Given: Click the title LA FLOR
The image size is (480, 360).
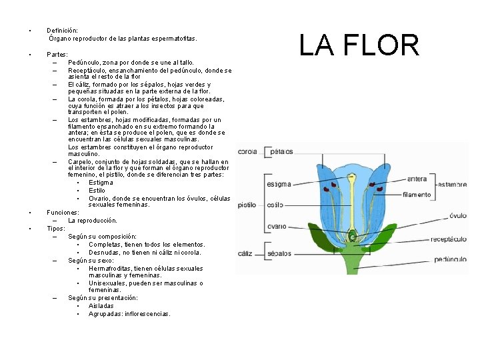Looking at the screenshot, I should (x=359, y=45).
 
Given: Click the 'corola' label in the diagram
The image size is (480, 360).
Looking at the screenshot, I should (x=247, y=152).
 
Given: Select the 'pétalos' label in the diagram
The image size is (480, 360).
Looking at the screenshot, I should (x=282, y=152).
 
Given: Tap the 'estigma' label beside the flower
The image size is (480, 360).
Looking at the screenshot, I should (x=278, y=184).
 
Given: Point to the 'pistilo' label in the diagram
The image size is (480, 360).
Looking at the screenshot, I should (x=247, y=205).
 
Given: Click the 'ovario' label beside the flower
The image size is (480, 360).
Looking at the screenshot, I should (x=276, y=227).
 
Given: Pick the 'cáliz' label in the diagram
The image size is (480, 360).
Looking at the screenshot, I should (x=245, y=253).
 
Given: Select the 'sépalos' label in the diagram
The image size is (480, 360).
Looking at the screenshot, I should (x=280, y=253).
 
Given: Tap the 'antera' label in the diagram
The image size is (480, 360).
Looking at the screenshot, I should (x=417, y=179).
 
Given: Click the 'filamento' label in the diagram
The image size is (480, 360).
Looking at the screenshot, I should (x=417, y=195).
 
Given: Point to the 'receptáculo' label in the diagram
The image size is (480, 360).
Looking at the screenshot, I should (x=448, y=238).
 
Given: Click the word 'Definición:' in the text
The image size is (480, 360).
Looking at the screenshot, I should (x=62, y=31).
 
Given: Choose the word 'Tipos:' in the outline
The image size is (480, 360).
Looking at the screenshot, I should (x=56, y=228).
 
